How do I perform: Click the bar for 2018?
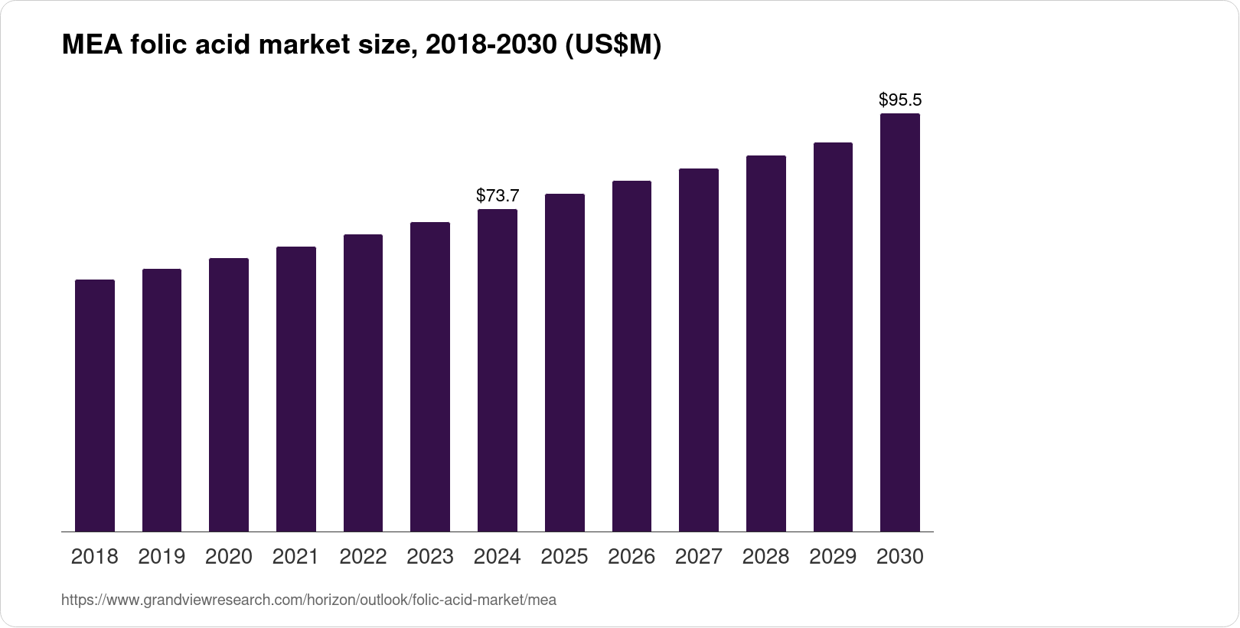(95, 405)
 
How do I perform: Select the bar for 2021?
(296, 389)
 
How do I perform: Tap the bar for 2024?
(498, 370)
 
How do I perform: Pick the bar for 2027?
(699, 350)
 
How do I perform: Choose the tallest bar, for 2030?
(900, 322)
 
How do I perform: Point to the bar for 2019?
(162, 400)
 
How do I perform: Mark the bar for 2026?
(631, 356)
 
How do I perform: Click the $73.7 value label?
(498, 196)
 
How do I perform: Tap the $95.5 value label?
(900, 100)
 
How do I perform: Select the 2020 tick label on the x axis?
(229, 557)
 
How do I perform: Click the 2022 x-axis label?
(363, 557)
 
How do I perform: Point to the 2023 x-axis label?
(430, 557)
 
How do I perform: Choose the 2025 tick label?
(564, 557)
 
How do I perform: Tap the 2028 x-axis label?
(765, 557)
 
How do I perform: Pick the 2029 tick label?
(833, 557)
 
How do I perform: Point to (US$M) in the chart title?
(612, 46)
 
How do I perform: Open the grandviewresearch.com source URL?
(308, 600)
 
